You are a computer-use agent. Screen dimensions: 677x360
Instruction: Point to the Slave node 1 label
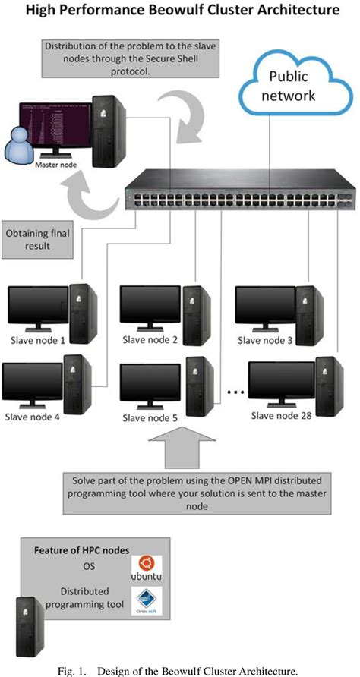coord(36,339)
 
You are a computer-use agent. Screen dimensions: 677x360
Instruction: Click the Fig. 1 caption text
coord(179,669)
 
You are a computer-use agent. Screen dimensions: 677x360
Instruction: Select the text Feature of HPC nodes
coord(81,549)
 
